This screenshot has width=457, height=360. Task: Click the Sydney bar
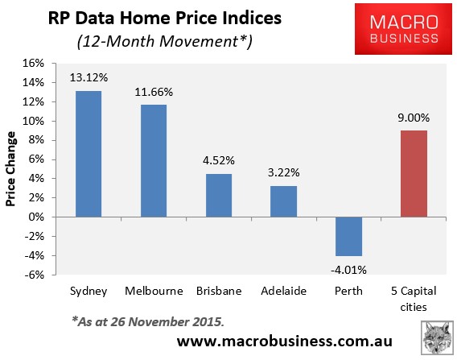(89, 154)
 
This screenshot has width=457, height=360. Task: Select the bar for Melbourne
(154, 161)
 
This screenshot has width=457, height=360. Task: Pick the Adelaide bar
(283, 201)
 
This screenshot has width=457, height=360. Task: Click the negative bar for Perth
(348, 236)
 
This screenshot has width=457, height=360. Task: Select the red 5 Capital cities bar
(413, 174)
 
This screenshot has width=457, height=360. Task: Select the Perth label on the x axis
(348, 290)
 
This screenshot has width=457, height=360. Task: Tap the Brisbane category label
(218, 290)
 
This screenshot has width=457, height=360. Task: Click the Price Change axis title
(12, 169)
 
